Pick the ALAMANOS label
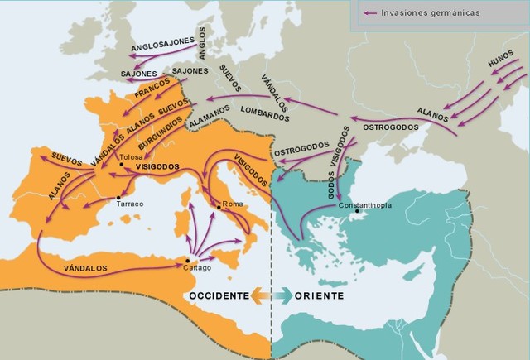[x=210, y=120]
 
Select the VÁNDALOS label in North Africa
[x=86, y=267]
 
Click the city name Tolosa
[x=132, y=156]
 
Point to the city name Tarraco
[x=131, y=203]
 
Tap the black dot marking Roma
[x=217, y=204]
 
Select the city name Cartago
[x=198, y=268]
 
